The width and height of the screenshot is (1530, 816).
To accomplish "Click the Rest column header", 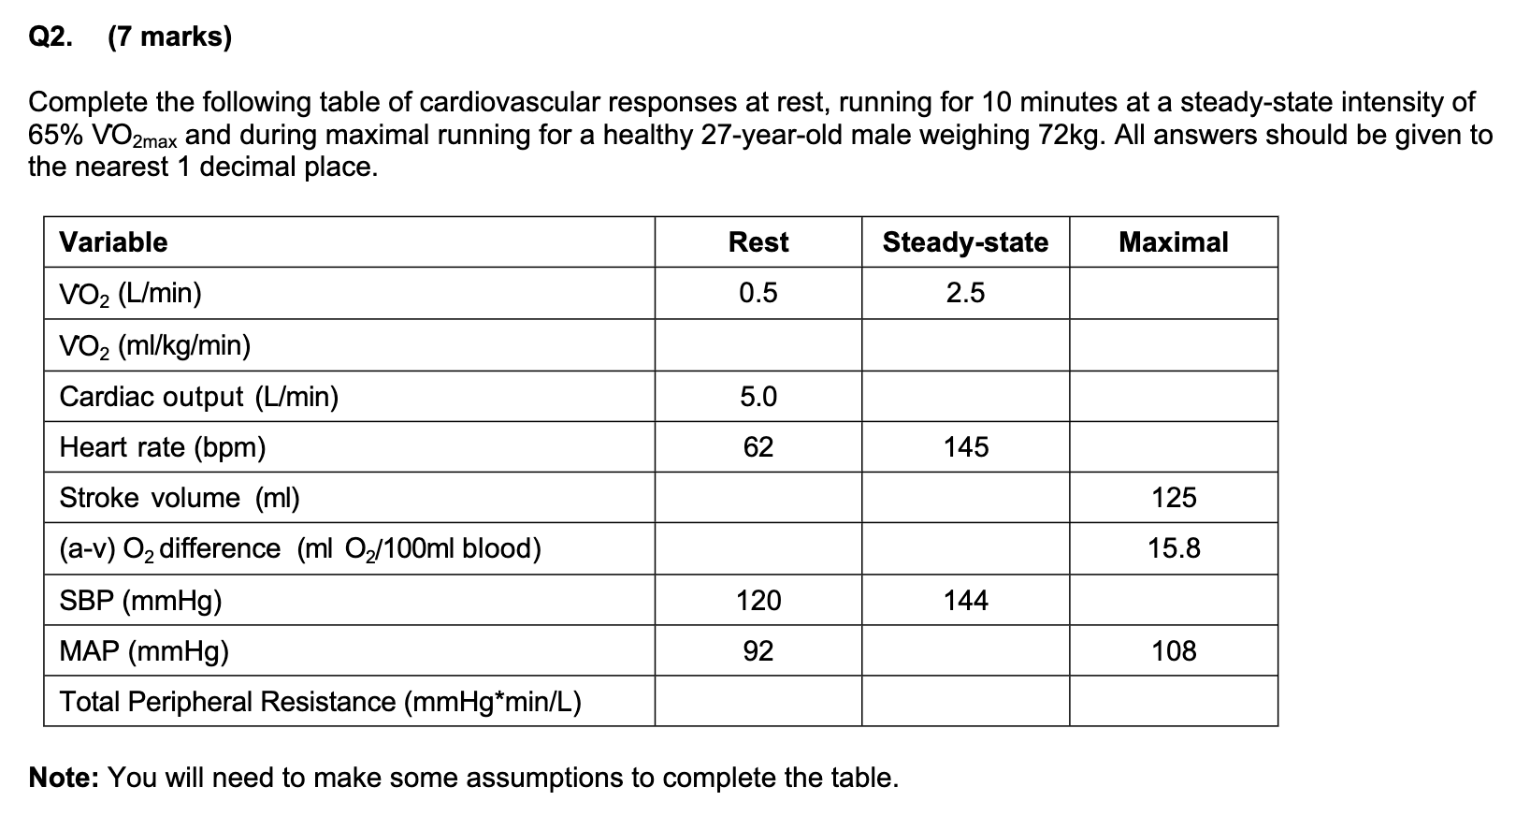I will [758, 242].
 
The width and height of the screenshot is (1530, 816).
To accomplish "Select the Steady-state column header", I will [965, 242].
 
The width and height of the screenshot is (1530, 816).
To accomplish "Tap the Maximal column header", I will [1173, 242].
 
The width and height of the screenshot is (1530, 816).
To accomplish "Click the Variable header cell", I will [113, 242].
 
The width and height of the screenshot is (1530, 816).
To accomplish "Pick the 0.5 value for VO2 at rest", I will [758, 294].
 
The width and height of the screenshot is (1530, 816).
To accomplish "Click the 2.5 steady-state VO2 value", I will [965, 294].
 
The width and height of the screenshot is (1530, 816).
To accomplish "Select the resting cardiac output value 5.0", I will [758, 397].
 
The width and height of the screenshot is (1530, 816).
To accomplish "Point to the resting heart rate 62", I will [758, 447].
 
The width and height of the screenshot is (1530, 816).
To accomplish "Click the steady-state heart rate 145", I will [965, 447].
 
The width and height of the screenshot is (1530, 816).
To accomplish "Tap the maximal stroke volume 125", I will [1173, 498].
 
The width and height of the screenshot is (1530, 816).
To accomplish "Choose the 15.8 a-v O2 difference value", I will [1173, 548].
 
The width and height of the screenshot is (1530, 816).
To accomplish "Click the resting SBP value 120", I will [758, 600].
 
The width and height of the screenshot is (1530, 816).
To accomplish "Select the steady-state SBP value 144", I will [965, 600].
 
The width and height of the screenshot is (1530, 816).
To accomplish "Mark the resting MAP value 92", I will [758, 651].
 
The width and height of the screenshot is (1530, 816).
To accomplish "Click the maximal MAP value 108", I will [1173, 651].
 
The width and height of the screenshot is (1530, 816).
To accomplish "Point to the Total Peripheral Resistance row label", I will [320, 702].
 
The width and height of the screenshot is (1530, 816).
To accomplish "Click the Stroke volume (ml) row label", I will [180, 498].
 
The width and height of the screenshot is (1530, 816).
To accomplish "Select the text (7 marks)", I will [169, 37].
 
